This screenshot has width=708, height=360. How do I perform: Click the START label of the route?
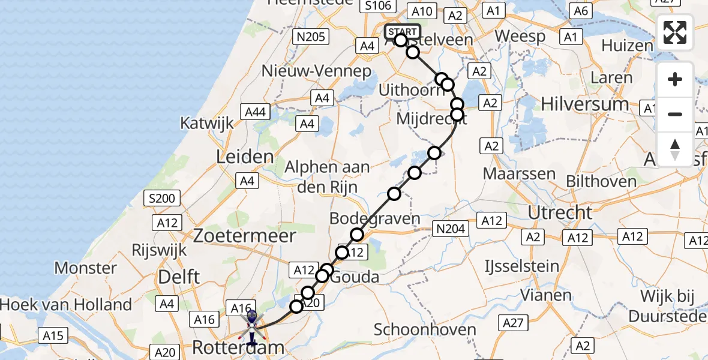point(402,32)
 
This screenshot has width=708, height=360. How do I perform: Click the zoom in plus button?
point(675,80)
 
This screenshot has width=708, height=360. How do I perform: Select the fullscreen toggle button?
point(675,32)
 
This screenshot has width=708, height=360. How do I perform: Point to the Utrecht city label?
point(560,212)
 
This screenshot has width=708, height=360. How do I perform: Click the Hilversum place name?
point(584,104)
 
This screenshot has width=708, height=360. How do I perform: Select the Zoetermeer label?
point(244,236)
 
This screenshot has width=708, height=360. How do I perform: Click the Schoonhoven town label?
point(425,329)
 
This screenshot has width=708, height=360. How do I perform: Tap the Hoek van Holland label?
point(66,304)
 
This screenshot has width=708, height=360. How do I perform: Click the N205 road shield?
point(311,37)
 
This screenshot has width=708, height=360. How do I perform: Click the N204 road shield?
point(450,227)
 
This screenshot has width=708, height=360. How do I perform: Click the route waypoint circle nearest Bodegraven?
point(357,235)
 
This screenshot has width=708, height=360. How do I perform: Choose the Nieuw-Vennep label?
point(316,71)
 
